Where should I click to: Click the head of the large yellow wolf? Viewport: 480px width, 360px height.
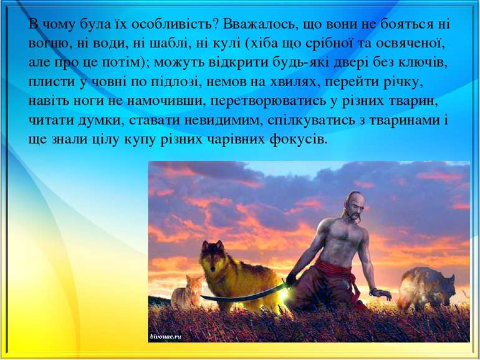pyautogui.click(x=211, y=255)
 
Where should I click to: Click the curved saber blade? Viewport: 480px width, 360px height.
pyautogui.click(x=243, y=296)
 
